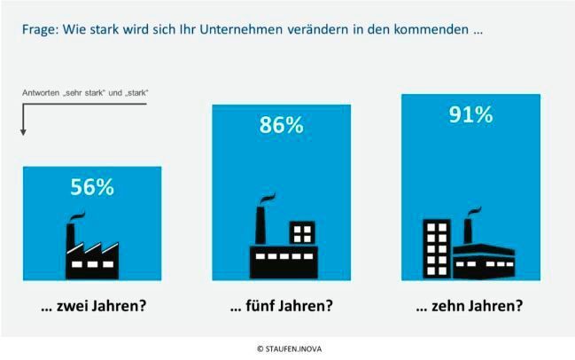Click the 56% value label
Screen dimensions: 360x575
click(x=92, y=187)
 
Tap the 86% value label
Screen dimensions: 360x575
click(x=281, y=125)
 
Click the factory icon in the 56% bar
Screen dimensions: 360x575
click(x=92, y=249)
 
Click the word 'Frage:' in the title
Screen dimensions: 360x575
click(x=42, y=29)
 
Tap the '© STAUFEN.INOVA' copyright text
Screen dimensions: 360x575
click(x=287, y=348)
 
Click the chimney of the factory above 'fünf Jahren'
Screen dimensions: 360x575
click(x=260, y=224)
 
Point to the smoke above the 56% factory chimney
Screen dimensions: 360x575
click(x=77, y=216)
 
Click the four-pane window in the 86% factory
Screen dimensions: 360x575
click(x=302, y=233)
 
